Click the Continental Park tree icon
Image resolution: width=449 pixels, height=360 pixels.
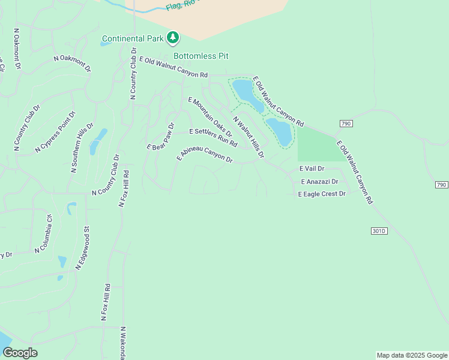pyautogui.click(x=173, y=38)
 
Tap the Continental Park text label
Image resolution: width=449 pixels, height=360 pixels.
pyautogui.click(x=133, y=39)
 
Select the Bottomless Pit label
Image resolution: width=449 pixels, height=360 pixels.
pyautogui.click(x=201, y=56)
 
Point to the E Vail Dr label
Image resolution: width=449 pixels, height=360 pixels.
pyautogui.click(x=312, y=169)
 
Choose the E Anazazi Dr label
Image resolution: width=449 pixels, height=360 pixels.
pyautogui.click(x=319, y=181)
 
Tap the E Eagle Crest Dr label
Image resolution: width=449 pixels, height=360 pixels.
pyautogui.click(x=322, y=194)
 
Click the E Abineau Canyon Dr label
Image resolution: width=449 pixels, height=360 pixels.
pyautogui.click(x=205, y=154)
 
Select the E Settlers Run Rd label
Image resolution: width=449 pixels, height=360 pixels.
pyautogui.click(x=213, y=137)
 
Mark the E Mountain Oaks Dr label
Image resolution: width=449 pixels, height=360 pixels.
pyautogui.click(x=209, y=116)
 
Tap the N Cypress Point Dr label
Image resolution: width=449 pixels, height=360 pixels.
pyautogui.click(x=56, y=131)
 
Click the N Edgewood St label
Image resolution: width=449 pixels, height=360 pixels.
pyautogui.click(x=83, y=247)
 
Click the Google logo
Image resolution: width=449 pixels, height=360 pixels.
pyautogui.click(x=20, y=353)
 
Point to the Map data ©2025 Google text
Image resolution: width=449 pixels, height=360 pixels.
pyautogui.click(x=412, y=355)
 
